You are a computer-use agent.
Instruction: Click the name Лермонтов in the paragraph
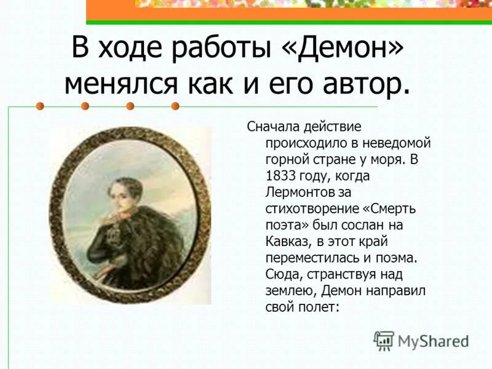coord(304,191)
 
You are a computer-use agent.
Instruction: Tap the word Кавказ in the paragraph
coord(289,240)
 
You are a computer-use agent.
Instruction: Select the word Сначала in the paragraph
coord(273,127)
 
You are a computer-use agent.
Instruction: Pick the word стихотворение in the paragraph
coord(305,208)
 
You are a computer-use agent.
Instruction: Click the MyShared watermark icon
coord(384,339)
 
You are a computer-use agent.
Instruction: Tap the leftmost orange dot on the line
coord(41,106)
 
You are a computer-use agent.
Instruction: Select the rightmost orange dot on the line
coord(175,106)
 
